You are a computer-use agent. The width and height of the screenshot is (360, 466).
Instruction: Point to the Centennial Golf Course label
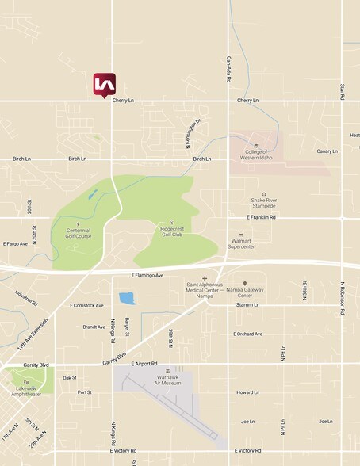tap(79, 233)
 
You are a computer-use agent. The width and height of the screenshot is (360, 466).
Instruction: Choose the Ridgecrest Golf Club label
tap(171, 231)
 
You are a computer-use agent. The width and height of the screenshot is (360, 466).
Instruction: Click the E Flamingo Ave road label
tap(147, 275)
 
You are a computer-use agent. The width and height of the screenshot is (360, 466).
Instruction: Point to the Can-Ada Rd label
tap(228, 69)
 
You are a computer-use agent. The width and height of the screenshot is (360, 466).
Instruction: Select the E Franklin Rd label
tap(261, 217)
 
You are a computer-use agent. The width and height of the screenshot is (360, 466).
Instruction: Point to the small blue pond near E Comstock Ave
tap(127, 299)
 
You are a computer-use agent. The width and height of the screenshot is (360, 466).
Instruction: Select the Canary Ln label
tap(327, 151)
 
